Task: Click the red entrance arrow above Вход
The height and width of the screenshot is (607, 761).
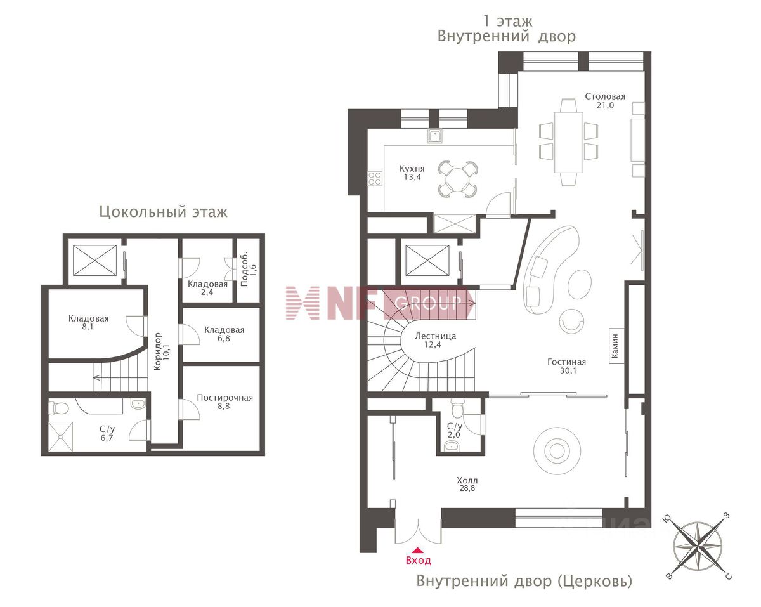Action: point(418,550)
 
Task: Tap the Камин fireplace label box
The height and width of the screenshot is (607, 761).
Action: point(616,346)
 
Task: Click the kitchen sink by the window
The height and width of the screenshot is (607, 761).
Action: point(435,136)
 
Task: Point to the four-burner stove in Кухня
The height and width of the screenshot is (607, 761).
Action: point(375,179)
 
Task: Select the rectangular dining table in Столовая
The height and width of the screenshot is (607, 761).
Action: point(568,142)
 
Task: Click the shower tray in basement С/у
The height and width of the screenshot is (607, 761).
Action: point(60,437)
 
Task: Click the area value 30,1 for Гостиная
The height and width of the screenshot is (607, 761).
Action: point(568,370)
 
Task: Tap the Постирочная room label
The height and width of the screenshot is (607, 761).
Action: point(225,398)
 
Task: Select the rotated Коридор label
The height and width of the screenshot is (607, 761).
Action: point(158,351)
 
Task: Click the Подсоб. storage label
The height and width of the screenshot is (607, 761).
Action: point(244,269)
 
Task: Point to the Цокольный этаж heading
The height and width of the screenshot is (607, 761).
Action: point(164,212)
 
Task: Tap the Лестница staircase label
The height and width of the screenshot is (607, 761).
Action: point(435,336)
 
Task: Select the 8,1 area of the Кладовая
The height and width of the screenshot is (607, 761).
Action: point(88,327)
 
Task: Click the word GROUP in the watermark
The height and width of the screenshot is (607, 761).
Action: point(427,303)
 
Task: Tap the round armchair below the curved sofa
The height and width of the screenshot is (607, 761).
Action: point(571,320)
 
